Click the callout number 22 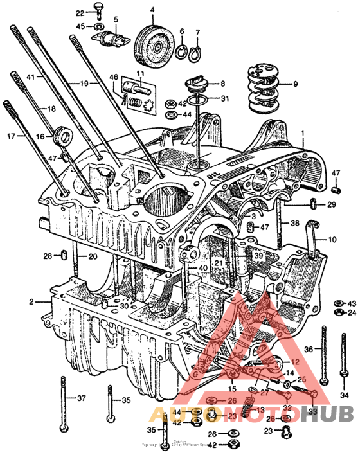coord(80,13)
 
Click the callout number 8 coord(222,84)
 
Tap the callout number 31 coord(224,98)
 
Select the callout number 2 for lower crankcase coord(30,301)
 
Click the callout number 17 coord(10,136)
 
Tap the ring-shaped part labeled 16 coord(63,136)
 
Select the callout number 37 coord(81,398)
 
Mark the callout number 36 coord(308,349)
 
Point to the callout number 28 coord(47,256)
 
